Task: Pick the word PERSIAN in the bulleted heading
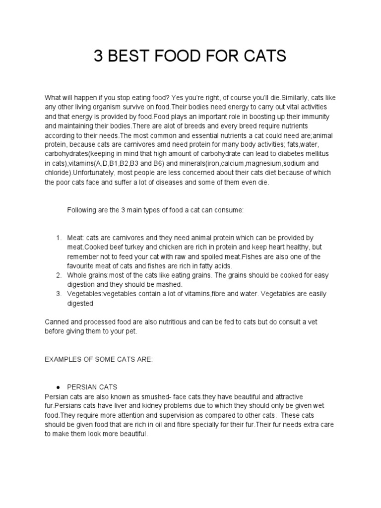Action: [84, 387]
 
